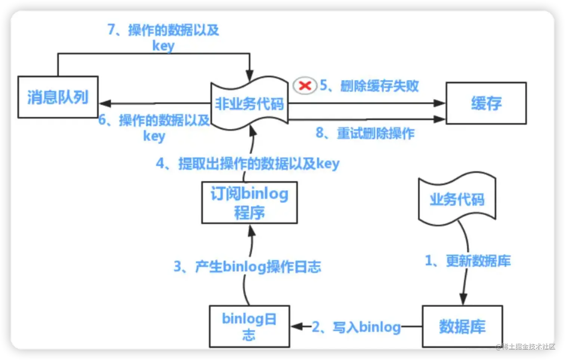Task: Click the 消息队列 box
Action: (58, 97)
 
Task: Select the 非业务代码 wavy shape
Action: (249, 103)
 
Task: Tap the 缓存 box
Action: (486, 103)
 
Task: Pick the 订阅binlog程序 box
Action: (249, 203)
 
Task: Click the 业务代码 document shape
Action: (457, 199)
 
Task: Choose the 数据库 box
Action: (462, 326)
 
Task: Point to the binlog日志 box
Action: (249, 326)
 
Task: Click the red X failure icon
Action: (305, 86)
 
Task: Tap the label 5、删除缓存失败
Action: (369, 86)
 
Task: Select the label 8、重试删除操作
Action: (365, 133)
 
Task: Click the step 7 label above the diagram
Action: (163, 37)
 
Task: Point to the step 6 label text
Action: (154, 127)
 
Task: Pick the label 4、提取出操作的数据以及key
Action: (247, 164)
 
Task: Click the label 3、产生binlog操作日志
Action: (247, 267)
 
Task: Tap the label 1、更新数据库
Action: (468, 261)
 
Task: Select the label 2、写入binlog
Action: (356, 327)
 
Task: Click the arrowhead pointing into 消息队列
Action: (104, 103)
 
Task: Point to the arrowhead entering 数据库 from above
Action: (463, 300)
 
